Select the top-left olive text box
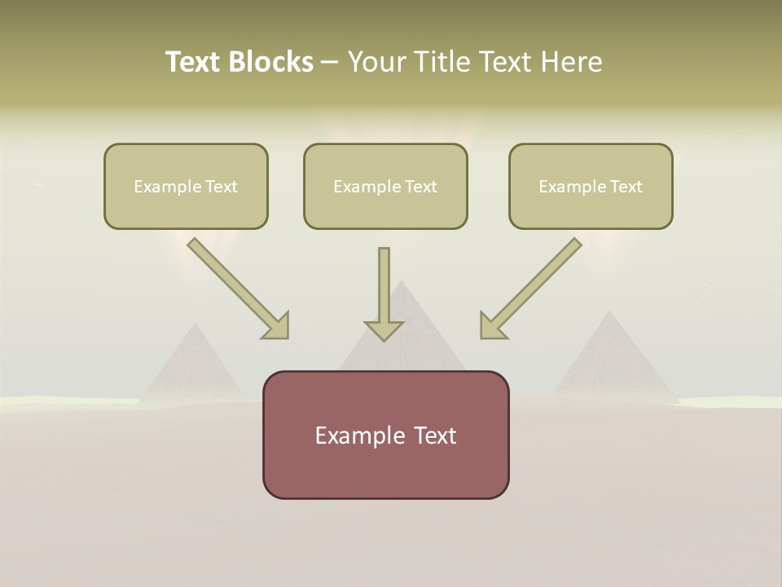click(x=186, y=186)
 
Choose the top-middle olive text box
click(x=385, y=186)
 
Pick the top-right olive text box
click(x=591, y=186)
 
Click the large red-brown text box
click(x=385, y=435)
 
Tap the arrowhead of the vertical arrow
click(x=384, y=330)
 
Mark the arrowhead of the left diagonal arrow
click(x=277, y=326)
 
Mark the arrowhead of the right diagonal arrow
click(x=492, y=326)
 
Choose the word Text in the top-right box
click(x=626, y=187)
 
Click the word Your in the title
click(x=376, y=62)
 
